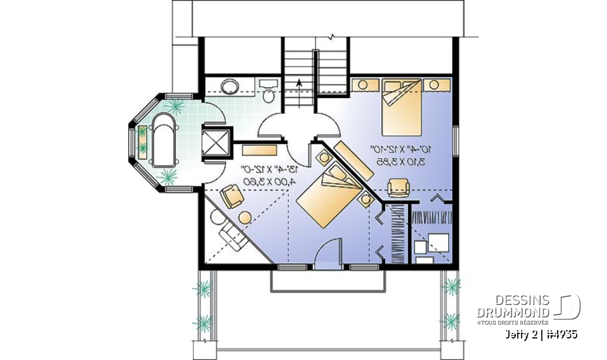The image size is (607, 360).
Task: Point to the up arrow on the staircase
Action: tap(298, 84)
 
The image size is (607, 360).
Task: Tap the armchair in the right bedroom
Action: tap(398, 187)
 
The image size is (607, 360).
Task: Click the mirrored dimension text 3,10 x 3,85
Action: tap(402, 162)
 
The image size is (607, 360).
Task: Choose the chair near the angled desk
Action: tap(232, 198)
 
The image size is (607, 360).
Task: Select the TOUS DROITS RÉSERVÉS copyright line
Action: tap(513, 323)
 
